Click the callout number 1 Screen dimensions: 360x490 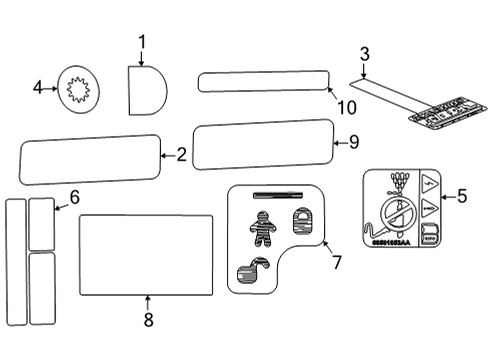pyautogui.click(x=142, y=41)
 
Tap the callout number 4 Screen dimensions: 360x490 pyautogui.click(x=38, y=88)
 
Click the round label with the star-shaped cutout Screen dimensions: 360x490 pyautogui.click(x=78, y=90)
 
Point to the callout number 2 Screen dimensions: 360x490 pyautogui.click(x=181, y=155)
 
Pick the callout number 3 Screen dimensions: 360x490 pyautogui.click(x=364, y=53)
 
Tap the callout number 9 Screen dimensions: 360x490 pyautogui.click(x=353, y=143)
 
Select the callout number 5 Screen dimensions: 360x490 pyautogui.click(x=461, y=196)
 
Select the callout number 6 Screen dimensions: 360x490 pyautogui.click(x=73, y=197)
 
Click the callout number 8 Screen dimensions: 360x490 pyautogui.click(x=148, y=320)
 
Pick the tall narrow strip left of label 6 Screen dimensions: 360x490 pyautogui.click(x=15, y=261)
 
